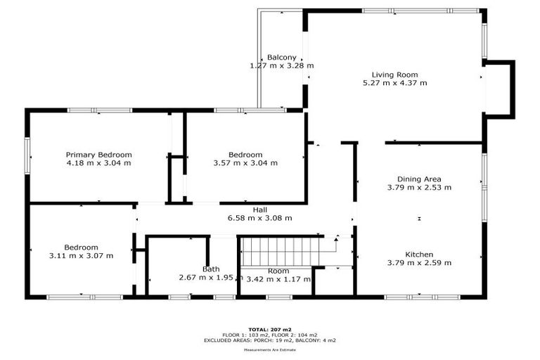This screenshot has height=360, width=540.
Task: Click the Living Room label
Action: coord(394,75)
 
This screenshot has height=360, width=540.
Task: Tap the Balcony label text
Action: coord(281,57)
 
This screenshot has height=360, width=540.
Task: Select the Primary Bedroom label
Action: coord(98,155)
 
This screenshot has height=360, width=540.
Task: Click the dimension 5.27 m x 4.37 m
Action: coord(394,83)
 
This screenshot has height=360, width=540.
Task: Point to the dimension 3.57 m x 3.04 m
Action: coord(245,163)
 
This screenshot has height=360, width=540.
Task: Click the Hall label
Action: coord(259,210)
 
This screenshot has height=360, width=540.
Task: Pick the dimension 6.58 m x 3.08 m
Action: coord(259,218)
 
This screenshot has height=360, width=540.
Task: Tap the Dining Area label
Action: coord(419,179)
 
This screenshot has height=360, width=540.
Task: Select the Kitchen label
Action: coord(419,255)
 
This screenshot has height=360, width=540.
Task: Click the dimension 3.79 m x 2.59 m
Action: coord(419,263)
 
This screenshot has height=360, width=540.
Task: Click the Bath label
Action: coord(211,269)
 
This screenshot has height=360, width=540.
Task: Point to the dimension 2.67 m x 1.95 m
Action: coord(211,278)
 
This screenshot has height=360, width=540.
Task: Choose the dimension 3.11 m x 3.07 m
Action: coord(81,256)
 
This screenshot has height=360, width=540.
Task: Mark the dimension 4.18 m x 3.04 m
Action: coord(98,163)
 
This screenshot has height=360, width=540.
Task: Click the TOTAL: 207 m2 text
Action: coord(270,328)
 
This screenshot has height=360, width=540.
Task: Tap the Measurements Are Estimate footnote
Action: coord(270,349)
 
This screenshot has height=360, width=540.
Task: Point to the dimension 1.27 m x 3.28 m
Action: coord(281,65)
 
